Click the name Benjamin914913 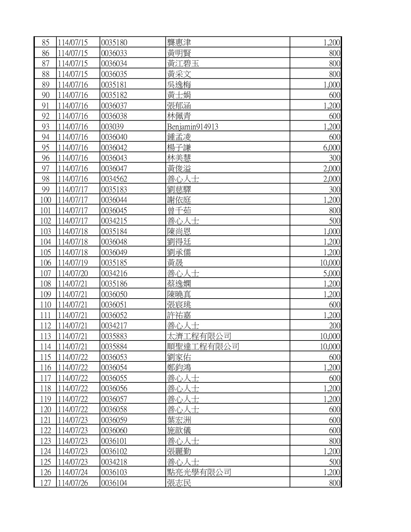(x=192, y=127)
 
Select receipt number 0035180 (x=114, y=43)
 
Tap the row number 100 (x=45, y=200)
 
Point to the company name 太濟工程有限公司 (x=199, y=336)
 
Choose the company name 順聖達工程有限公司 (x=203, y=347)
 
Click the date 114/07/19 (x=73, y=263)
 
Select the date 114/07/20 (x=73, y=273)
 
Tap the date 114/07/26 (x=73, y=483)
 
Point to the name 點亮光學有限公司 (x=199, y=472)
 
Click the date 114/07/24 (x=73, y=472)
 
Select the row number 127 (x=45, y=483)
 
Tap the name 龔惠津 (x=179, y=43)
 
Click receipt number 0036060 (x=114, y=430)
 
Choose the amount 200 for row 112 (x=335, y=326)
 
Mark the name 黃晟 (x=175, y=263)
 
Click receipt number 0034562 (x=114, y=179)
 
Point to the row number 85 (x=46, y=43)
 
